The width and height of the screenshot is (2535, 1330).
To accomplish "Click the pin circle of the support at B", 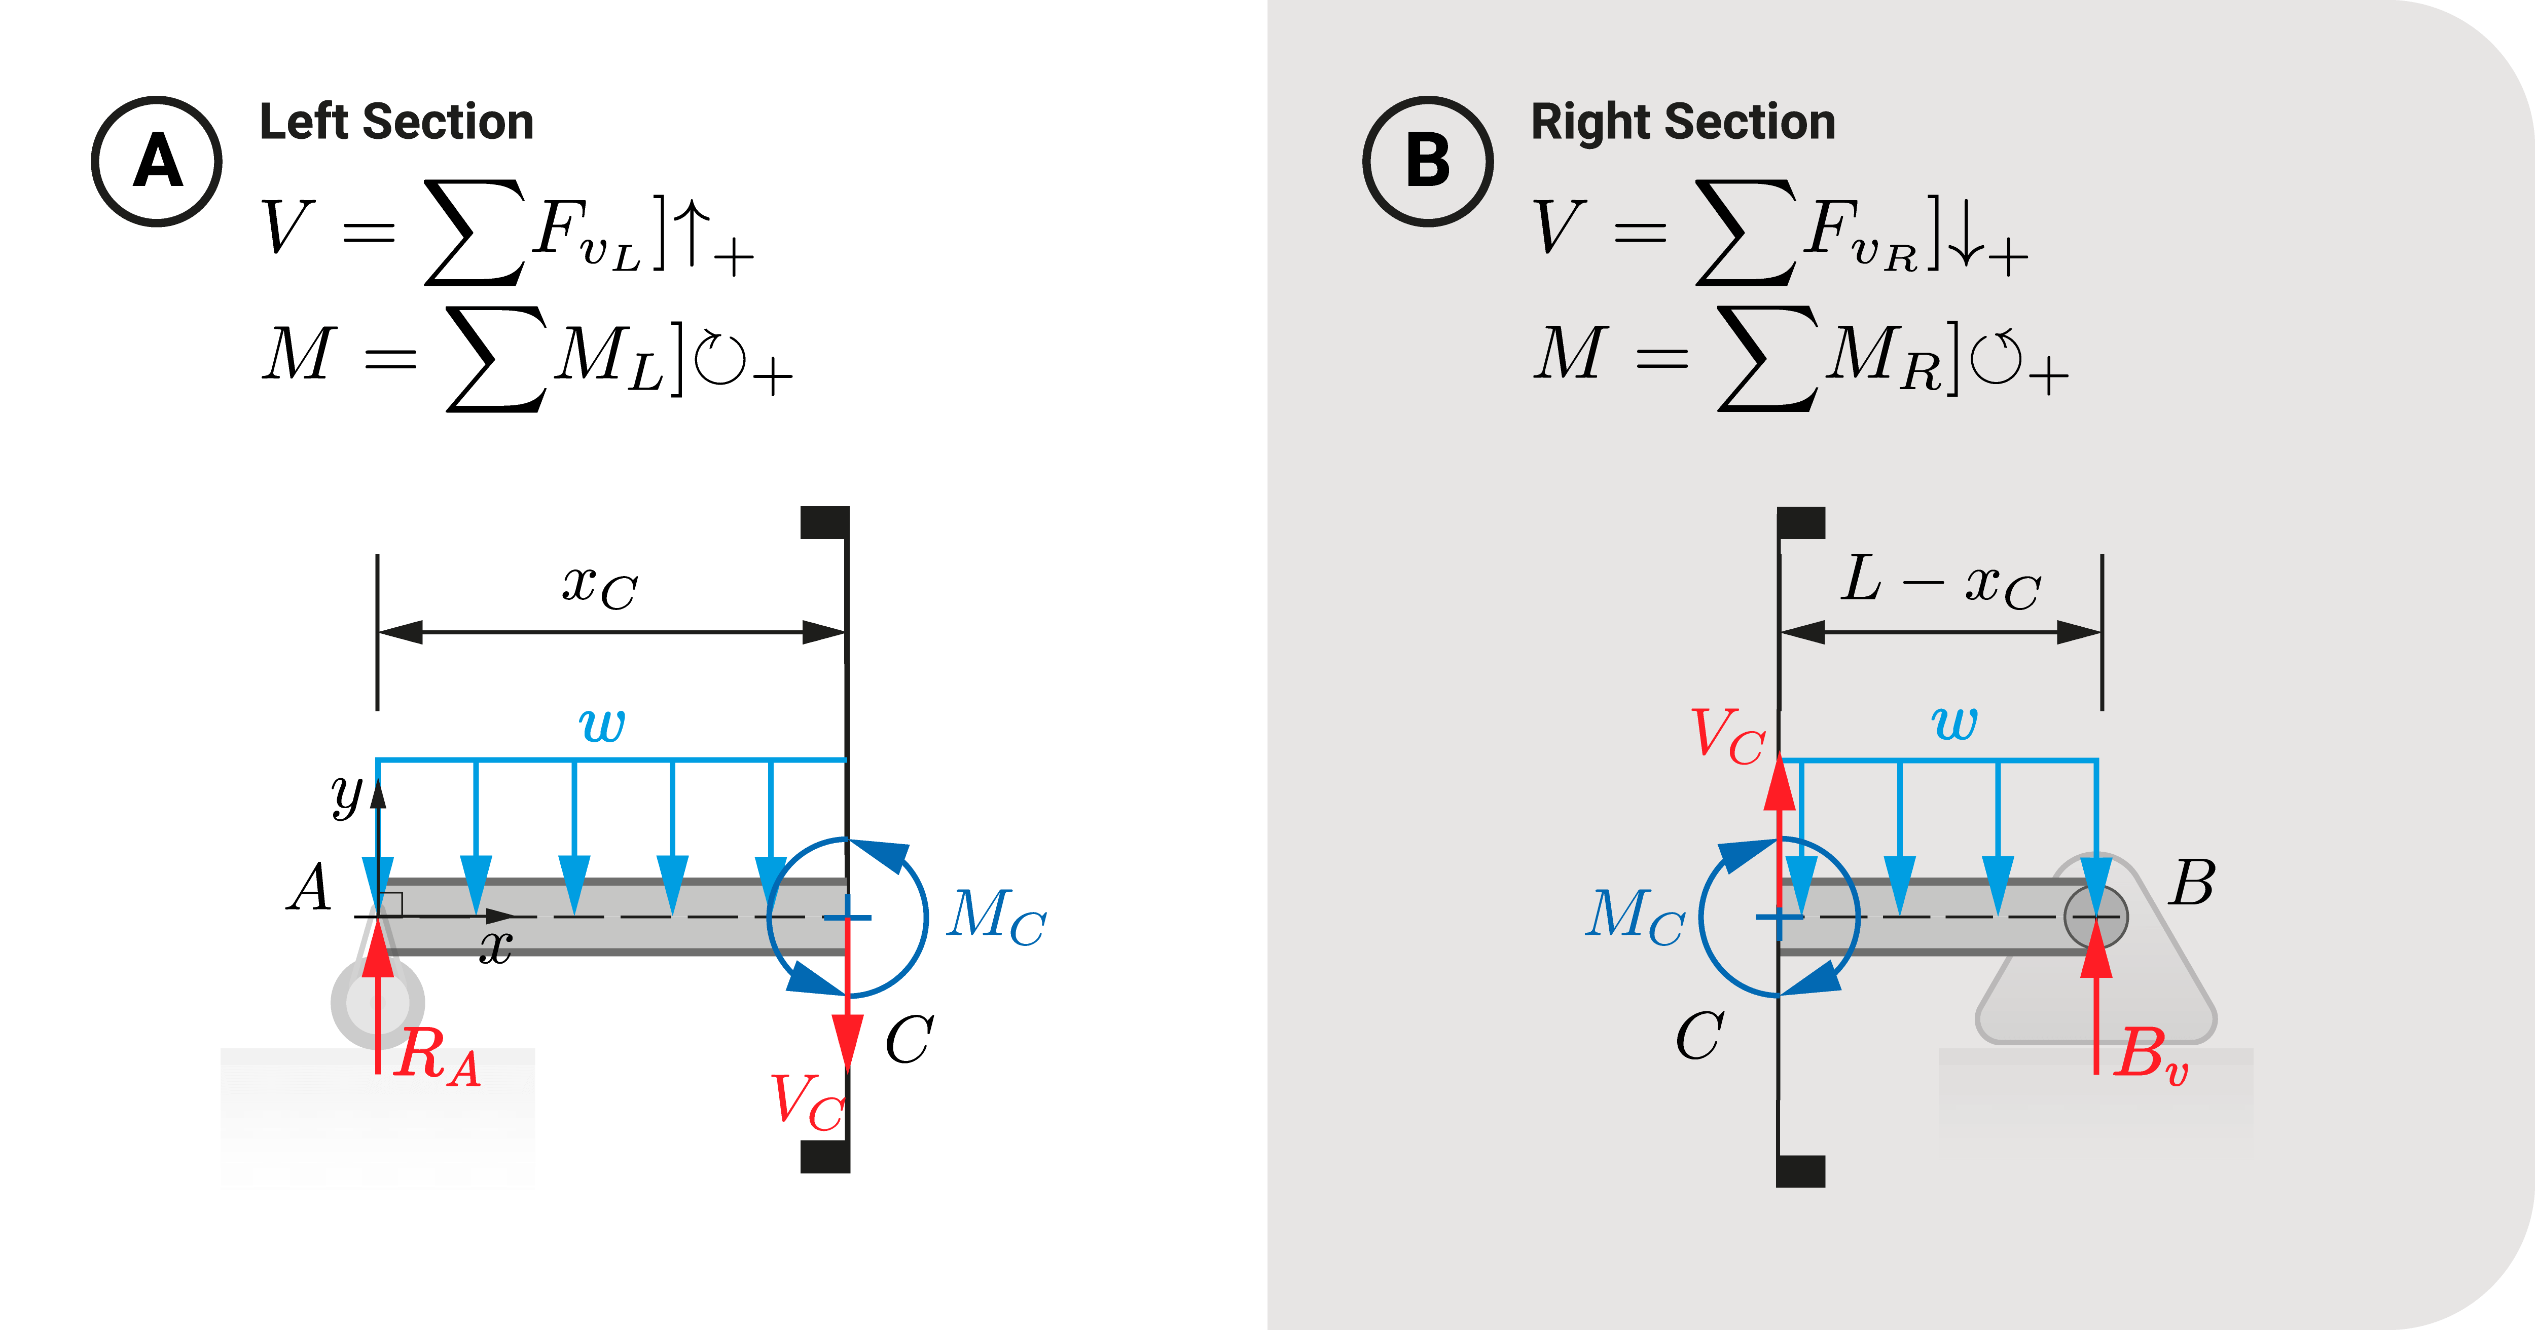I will pos(2096,917).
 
